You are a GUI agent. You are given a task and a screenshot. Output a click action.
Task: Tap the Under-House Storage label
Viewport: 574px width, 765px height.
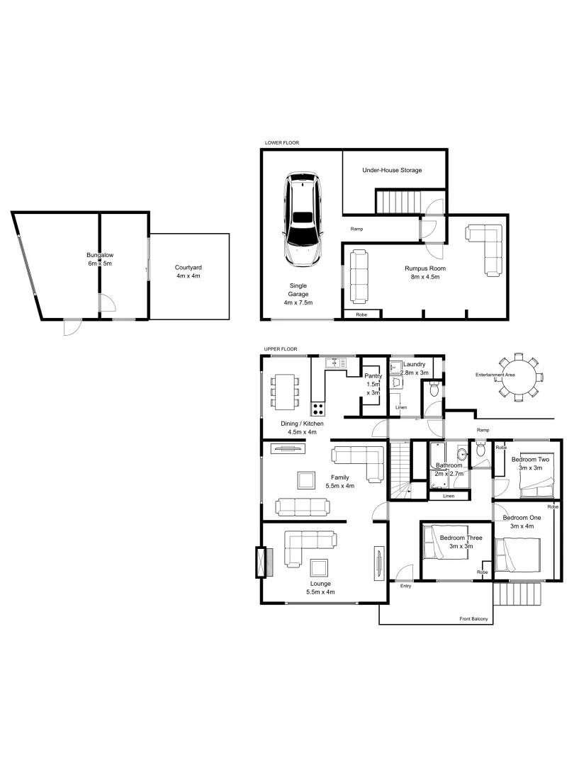click(392, 171)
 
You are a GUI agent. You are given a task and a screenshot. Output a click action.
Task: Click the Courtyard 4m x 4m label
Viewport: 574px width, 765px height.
click(188, 271)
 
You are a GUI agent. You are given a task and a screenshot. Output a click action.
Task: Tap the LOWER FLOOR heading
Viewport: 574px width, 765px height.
click(281, 143)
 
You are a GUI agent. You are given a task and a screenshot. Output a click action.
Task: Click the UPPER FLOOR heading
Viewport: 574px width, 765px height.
click(281, 349)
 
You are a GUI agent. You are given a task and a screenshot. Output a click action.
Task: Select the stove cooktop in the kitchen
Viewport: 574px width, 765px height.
click(318, 408)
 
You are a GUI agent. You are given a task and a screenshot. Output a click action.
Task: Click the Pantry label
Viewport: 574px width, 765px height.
click(373, 377)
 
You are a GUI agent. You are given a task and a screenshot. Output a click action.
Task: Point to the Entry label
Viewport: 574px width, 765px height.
click(405, 586)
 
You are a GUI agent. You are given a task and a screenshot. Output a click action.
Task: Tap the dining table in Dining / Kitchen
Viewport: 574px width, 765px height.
click(284, 391)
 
